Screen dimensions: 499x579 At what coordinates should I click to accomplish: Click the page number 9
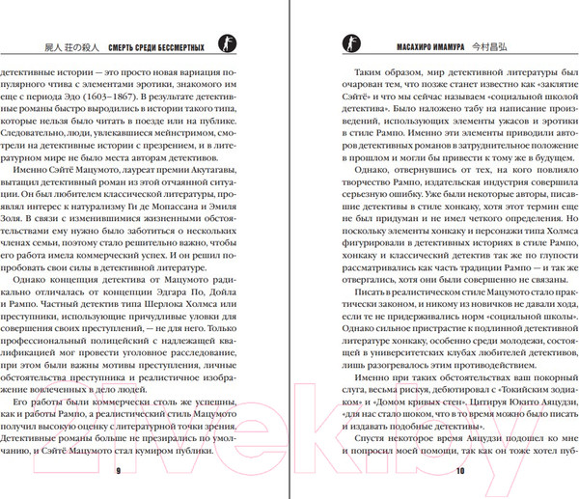pyautogui.click(x=117, y=471)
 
